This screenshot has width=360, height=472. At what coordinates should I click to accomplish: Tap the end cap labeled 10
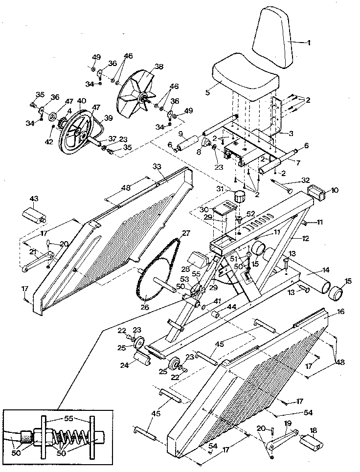316,194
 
